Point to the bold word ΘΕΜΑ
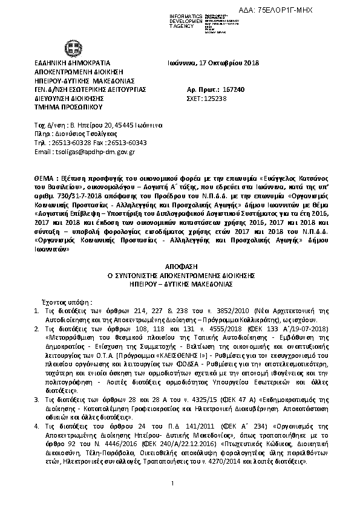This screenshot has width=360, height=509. click(45, 180)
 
